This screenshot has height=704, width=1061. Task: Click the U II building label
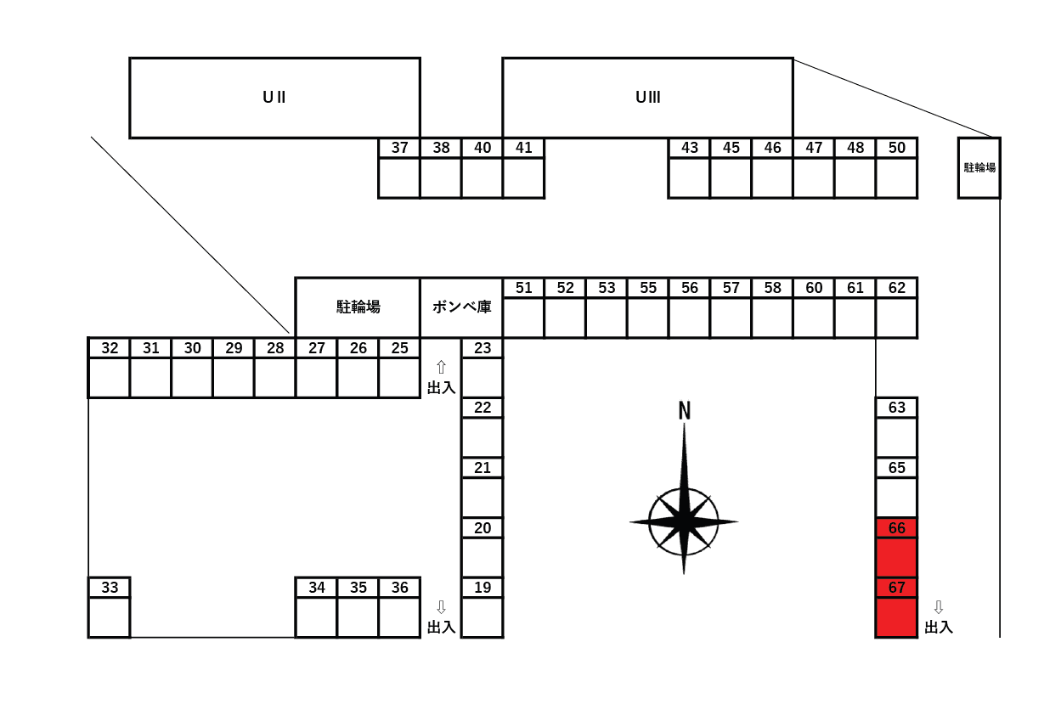pos(274,97)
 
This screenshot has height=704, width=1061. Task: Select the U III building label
pos(647,97)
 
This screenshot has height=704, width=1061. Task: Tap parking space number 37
pos(399,168)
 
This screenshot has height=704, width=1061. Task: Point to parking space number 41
pos(523,168)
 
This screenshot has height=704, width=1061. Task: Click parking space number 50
pos(897,168)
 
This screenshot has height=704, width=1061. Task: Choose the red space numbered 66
pos(896,547)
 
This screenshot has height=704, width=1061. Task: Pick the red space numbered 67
pos(896,607)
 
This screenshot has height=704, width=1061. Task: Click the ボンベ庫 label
pos(461,307)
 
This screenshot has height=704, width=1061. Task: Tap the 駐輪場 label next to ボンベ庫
pos(358,307)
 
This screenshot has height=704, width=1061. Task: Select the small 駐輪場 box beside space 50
pos(979,167)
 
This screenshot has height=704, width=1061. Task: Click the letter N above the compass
pos(684,410)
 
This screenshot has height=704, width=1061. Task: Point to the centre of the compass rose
pos(684,521)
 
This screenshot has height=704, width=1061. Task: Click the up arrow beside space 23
pos(441,367)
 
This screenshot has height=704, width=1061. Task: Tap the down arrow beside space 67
pos(939,607)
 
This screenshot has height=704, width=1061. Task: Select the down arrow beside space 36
pos(441,607)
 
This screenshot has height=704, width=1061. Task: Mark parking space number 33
pos(110,607)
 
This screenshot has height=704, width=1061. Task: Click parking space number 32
pos(110,368)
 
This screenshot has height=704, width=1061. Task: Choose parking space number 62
pos(897,307)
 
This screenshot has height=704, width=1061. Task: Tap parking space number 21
pos(483,487)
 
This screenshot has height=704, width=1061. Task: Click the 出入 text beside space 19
pos(441,628)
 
